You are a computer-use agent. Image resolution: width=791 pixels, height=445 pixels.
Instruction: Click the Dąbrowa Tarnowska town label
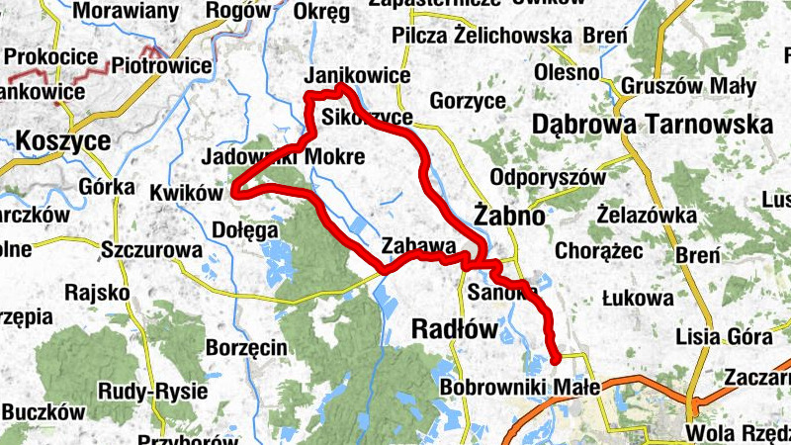coord(652,126)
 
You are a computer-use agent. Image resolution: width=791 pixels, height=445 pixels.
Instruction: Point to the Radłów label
coord(451,331)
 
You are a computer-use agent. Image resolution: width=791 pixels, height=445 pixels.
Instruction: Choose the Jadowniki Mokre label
coord(282,156)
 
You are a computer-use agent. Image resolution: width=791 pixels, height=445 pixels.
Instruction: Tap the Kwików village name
coord(187,192)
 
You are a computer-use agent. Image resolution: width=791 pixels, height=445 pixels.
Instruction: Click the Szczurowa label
coord(150,251)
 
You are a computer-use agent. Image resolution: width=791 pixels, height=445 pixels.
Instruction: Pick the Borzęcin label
coord(246,347)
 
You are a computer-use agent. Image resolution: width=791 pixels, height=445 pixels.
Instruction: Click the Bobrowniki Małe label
coord(519,388)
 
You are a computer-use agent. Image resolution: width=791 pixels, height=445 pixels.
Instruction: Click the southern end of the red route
coord(556,358)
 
